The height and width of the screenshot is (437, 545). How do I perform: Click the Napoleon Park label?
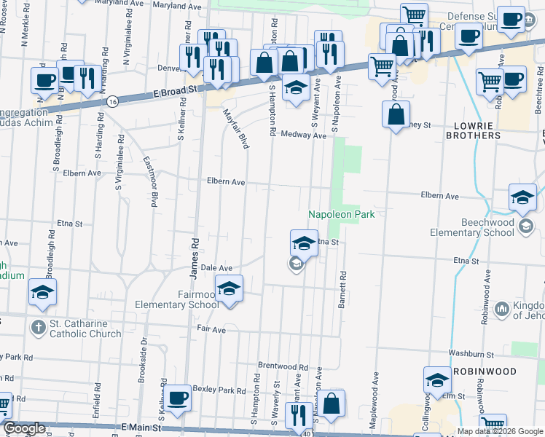tap(340, 214)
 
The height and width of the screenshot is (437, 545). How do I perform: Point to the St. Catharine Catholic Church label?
tap(85, 328)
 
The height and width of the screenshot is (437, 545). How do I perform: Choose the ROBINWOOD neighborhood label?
tap(495, 371)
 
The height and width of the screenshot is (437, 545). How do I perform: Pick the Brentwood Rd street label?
tap(283, 366)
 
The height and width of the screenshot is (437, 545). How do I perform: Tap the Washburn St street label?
tap(472, 354)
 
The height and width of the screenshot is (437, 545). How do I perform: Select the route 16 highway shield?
tap(111, 102)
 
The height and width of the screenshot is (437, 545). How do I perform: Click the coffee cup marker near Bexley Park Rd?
tap(177, 398)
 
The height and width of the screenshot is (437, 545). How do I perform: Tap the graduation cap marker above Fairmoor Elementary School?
tap(229, 289)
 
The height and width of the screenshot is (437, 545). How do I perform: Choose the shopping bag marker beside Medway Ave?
tap(396, 114)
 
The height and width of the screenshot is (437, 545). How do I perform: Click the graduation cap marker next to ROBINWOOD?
tap(437, 380)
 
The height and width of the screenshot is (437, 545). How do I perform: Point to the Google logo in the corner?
tap(23, 429)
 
